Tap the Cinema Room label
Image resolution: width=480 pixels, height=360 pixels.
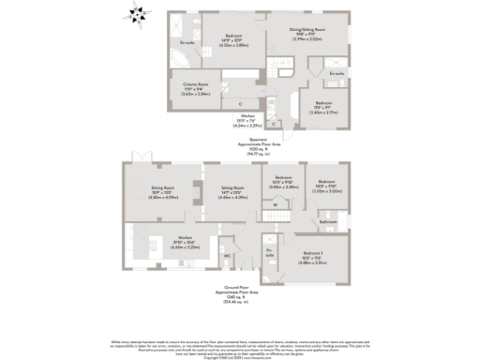pos(195,89)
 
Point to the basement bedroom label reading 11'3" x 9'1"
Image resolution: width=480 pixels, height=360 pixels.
pos(325,108)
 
